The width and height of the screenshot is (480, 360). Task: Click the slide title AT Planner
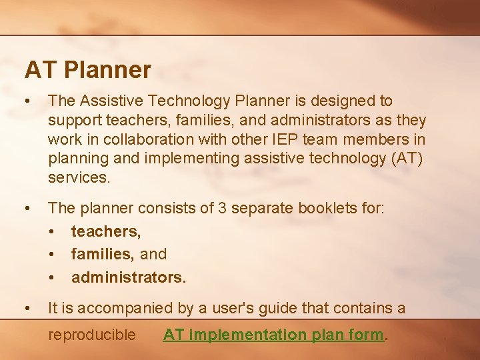(x=88, y=69)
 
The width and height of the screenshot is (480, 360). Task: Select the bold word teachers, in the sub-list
(x=105, y=231)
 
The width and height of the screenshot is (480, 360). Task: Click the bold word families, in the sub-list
(x=103, y=254)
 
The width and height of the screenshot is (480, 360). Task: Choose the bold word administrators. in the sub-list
(x=129, y=277)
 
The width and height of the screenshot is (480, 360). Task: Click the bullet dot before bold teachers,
(x=53, y=231)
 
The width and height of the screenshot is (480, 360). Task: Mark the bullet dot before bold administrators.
(x=53, y=277)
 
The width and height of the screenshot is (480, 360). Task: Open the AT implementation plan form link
(x=274, y=335)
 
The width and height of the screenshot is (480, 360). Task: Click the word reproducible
(x=92, y=335)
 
